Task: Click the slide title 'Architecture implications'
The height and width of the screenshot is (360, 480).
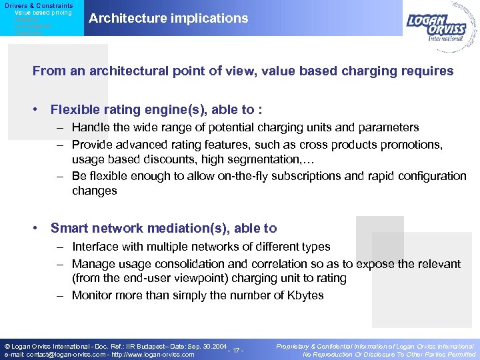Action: coord(168,19)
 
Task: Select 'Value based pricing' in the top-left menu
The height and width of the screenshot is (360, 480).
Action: coord(43,13)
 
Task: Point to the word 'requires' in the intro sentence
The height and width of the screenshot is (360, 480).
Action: coord(429,71)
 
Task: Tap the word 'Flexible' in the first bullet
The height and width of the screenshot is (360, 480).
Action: coord(75,110)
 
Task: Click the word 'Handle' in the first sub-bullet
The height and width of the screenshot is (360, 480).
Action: coord(89,127)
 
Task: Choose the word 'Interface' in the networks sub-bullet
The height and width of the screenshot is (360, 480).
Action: coord(95,247)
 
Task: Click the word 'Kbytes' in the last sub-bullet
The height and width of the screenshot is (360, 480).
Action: coord(305,295)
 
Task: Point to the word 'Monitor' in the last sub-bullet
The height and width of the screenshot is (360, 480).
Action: coord(93,295)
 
